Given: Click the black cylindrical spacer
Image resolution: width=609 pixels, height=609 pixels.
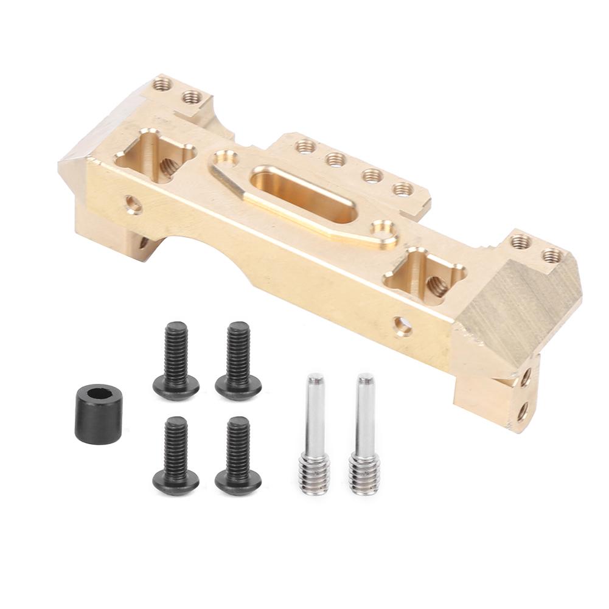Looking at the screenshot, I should [99, 415].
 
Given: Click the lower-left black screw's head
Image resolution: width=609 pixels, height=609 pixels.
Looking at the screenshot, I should [176, 482].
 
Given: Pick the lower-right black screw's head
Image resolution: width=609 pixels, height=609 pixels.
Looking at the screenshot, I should [238, 482].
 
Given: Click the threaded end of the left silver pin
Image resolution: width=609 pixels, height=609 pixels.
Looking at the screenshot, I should [315, 475].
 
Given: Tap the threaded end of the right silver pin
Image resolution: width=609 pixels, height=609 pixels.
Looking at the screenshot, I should [364, 475].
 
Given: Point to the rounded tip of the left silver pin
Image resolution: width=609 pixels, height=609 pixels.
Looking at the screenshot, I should [315, 380].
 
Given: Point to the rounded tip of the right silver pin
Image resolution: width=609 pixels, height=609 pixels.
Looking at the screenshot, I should [366, 380].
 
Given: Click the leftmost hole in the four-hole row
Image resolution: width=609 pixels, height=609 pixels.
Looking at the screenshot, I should [305, 147].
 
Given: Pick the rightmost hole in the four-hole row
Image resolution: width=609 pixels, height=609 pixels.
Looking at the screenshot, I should [402, 189].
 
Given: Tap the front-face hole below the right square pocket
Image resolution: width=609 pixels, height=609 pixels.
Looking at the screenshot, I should [402, 326].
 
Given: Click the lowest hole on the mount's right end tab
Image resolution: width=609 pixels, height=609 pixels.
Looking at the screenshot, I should [522, 411].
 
